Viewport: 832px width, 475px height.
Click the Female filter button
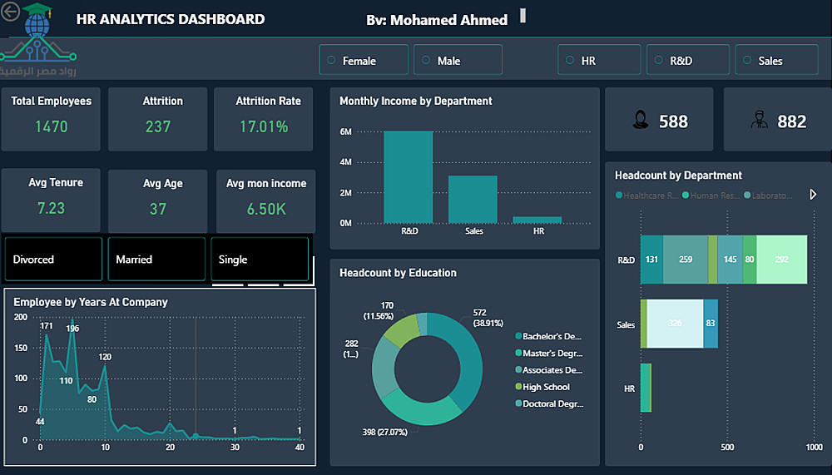click(x=363, y=61)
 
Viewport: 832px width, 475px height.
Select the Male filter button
click(x=457, y=61)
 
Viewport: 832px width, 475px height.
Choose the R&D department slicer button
click(x=686, y=61)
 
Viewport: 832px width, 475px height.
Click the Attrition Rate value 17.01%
click(x=263, y=126)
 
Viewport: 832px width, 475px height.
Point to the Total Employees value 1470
click(x=52, y=126)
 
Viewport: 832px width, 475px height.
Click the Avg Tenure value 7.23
click(x=51, y=208)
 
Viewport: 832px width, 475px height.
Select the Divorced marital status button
click(x=53, y=260)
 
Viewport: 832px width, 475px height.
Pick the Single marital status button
click(x=259, y=260)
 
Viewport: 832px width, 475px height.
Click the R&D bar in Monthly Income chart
click(x=408, y=177)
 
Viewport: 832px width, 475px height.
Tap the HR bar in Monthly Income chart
click(x=537, y=220)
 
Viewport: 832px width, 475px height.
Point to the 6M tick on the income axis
click(x=346, y=131)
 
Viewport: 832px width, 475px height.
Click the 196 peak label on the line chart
click(x=72, y=329)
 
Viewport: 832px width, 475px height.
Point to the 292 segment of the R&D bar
click(x=781, y=260)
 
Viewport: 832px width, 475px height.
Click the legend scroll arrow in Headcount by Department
click(x=813, y=195)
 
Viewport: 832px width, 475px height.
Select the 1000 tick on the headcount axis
click(x=814, y=447)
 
